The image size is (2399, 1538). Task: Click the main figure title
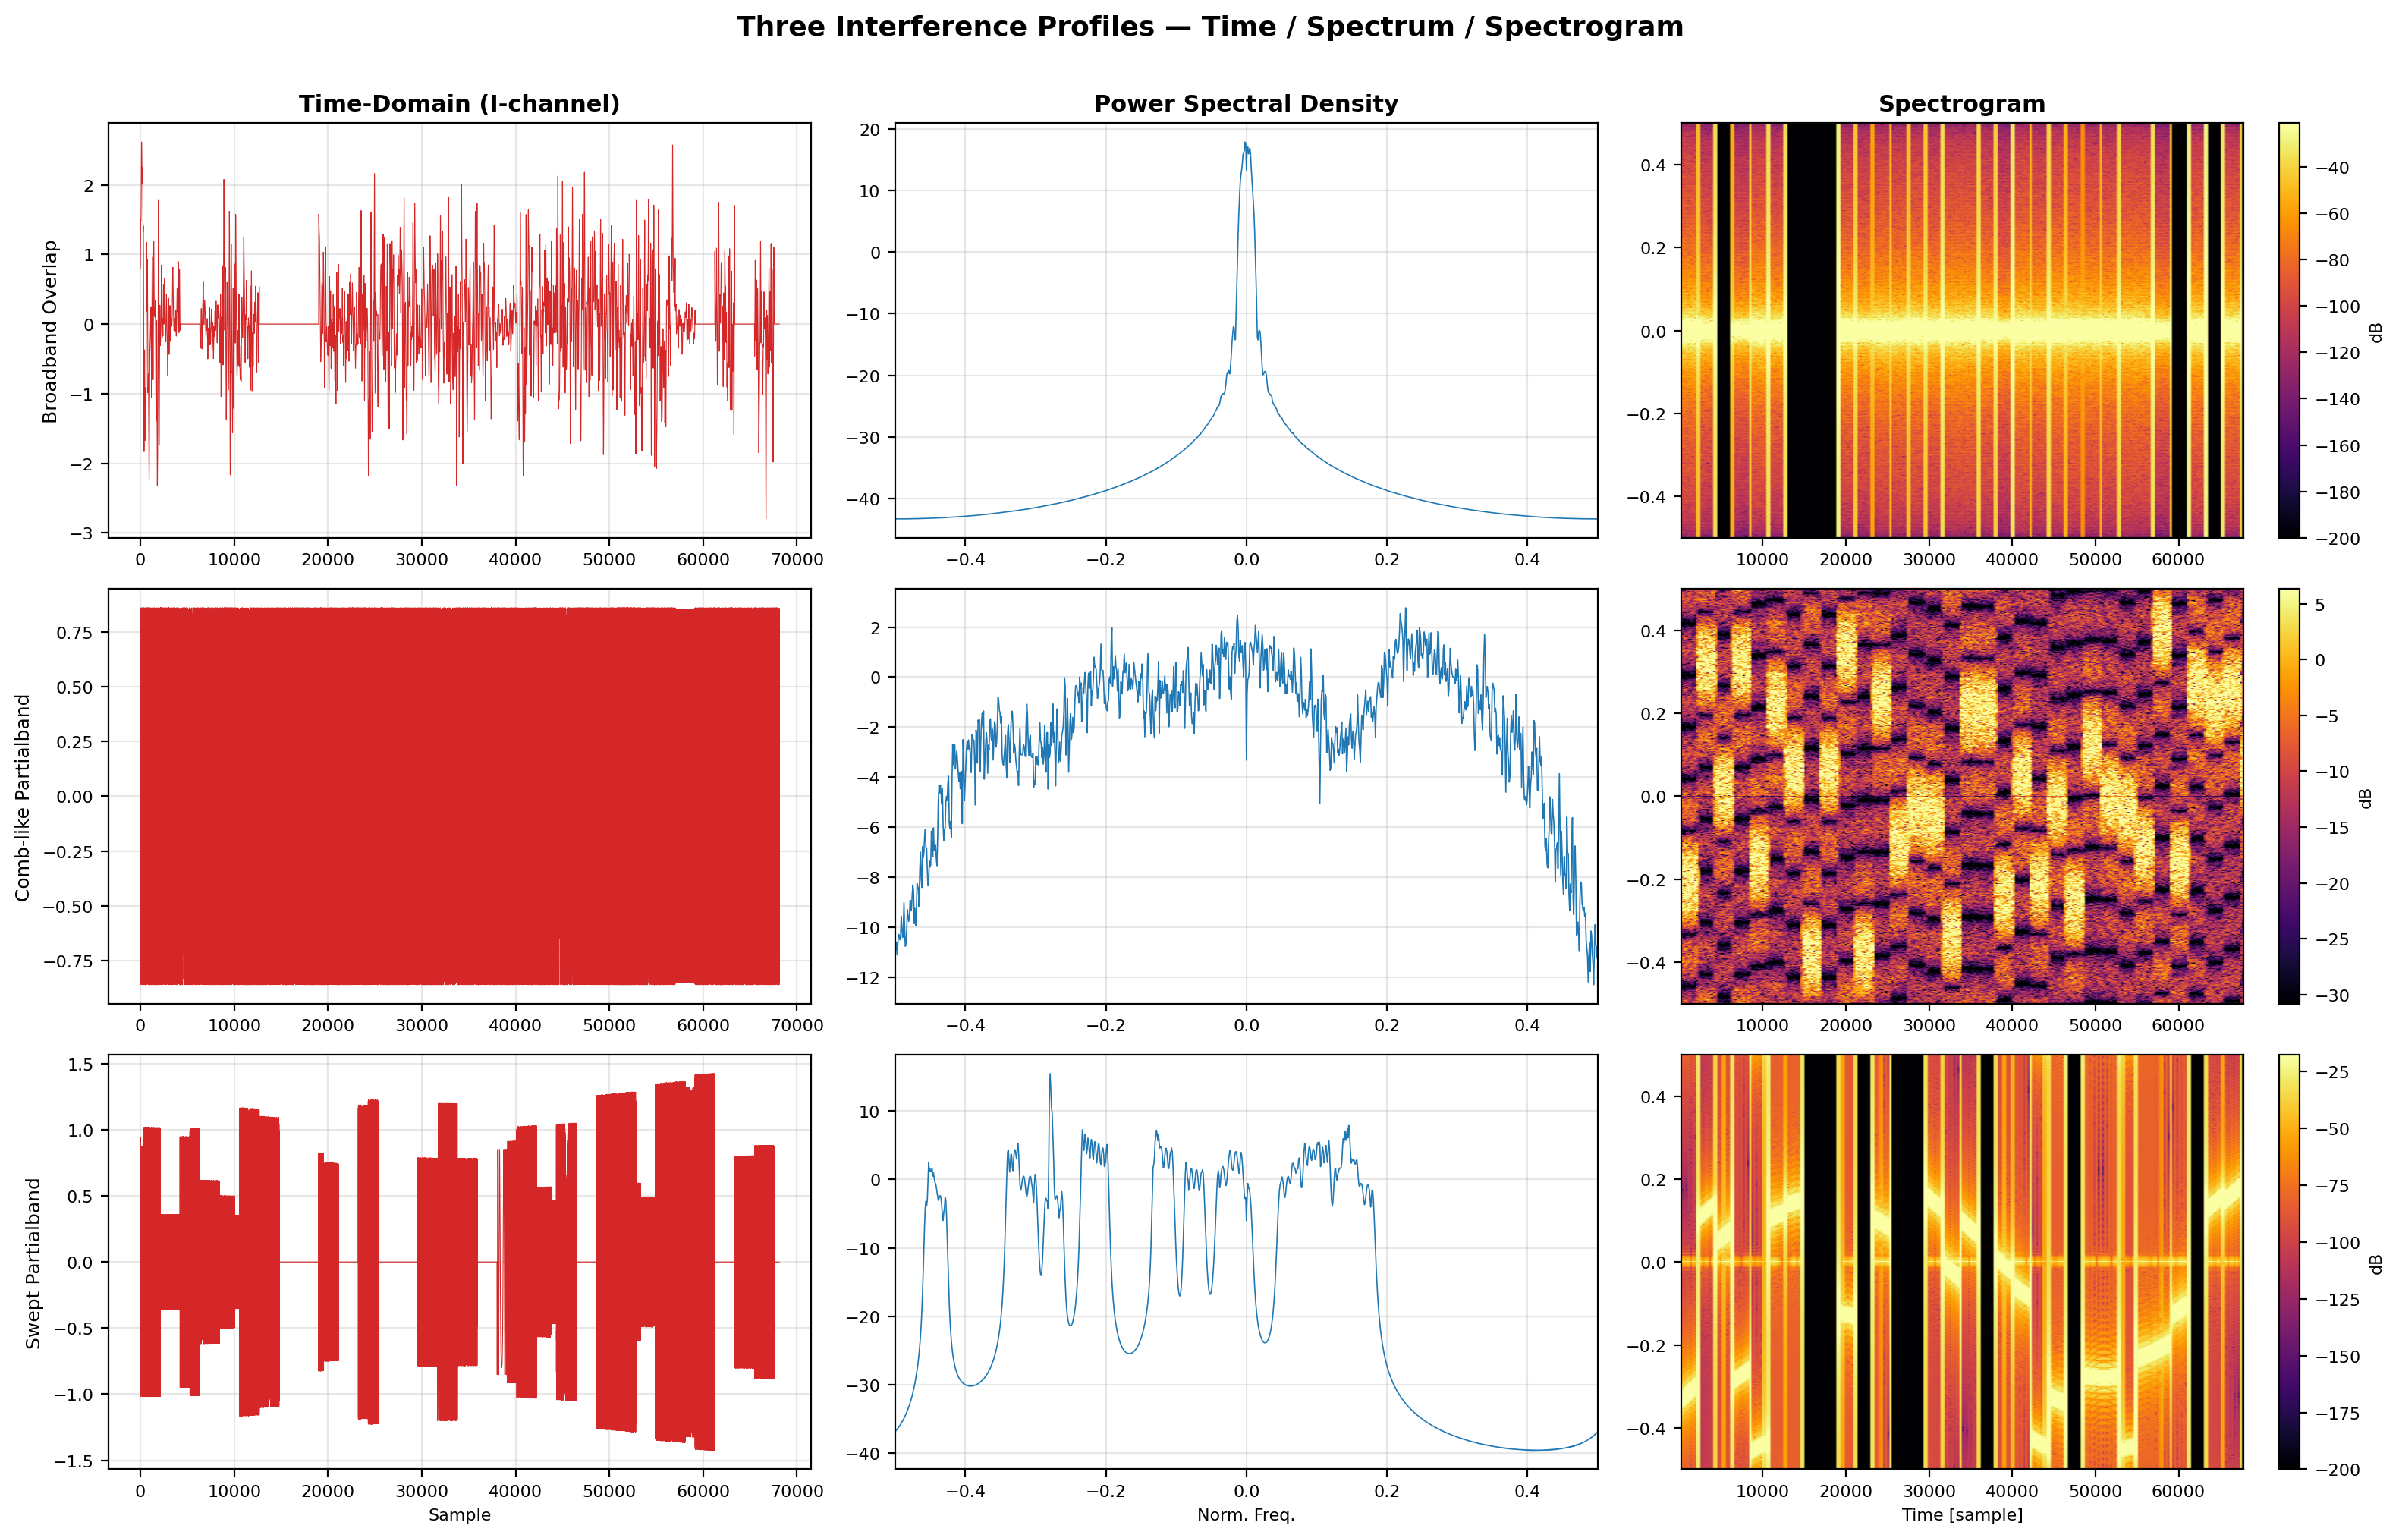(1209, 27)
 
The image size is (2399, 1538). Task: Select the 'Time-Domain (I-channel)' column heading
(459, 104)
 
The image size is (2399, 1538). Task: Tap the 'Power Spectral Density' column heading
(1246, 104)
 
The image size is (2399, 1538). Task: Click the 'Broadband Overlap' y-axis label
(50, 332)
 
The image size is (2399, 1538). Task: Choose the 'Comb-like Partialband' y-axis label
(23, 797)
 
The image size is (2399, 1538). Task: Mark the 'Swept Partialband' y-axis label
(33, 1263)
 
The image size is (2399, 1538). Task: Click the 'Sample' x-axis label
(459, 1515)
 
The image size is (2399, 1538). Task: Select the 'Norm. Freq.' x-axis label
(1246, 1515)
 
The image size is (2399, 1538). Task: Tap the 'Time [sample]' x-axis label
(1962, 1515)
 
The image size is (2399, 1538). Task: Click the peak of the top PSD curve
(1245, 143)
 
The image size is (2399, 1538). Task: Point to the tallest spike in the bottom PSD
(1049, 1074)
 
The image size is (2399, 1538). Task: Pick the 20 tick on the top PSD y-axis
(869, 130)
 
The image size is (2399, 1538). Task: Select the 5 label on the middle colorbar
(2320, 604)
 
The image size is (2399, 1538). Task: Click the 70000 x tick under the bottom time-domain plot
(797, 1491)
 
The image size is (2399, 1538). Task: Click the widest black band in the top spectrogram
(1811, 331)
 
